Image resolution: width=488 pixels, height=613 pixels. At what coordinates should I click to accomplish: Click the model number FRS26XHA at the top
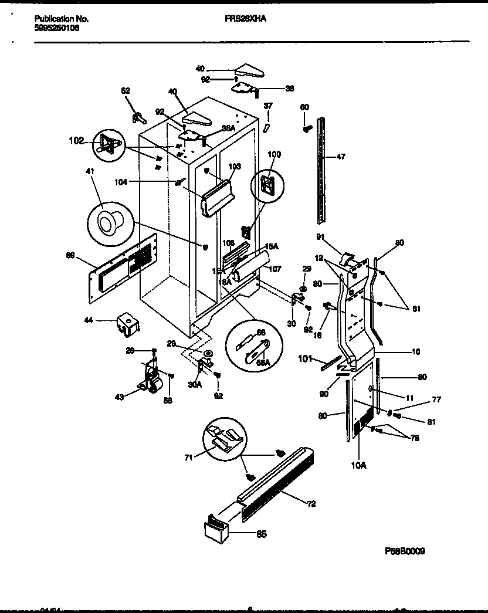tap(245, 19)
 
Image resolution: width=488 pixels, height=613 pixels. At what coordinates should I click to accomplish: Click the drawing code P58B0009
tap(405, 551)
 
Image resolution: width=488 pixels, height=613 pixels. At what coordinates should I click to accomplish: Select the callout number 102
tap(76, 141)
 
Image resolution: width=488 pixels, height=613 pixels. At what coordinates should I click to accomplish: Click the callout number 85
tap(261, 534)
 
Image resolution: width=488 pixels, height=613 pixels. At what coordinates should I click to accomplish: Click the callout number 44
tap(90, 320)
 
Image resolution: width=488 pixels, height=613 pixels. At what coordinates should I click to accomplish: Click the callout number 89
tap(71, 255)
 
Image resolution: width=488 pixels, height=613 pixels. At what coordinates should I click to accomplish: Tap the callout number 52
tap(126, 90)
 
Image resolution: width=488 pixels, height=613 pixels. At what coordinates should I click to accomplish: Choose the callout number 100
tap(274, 154)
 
